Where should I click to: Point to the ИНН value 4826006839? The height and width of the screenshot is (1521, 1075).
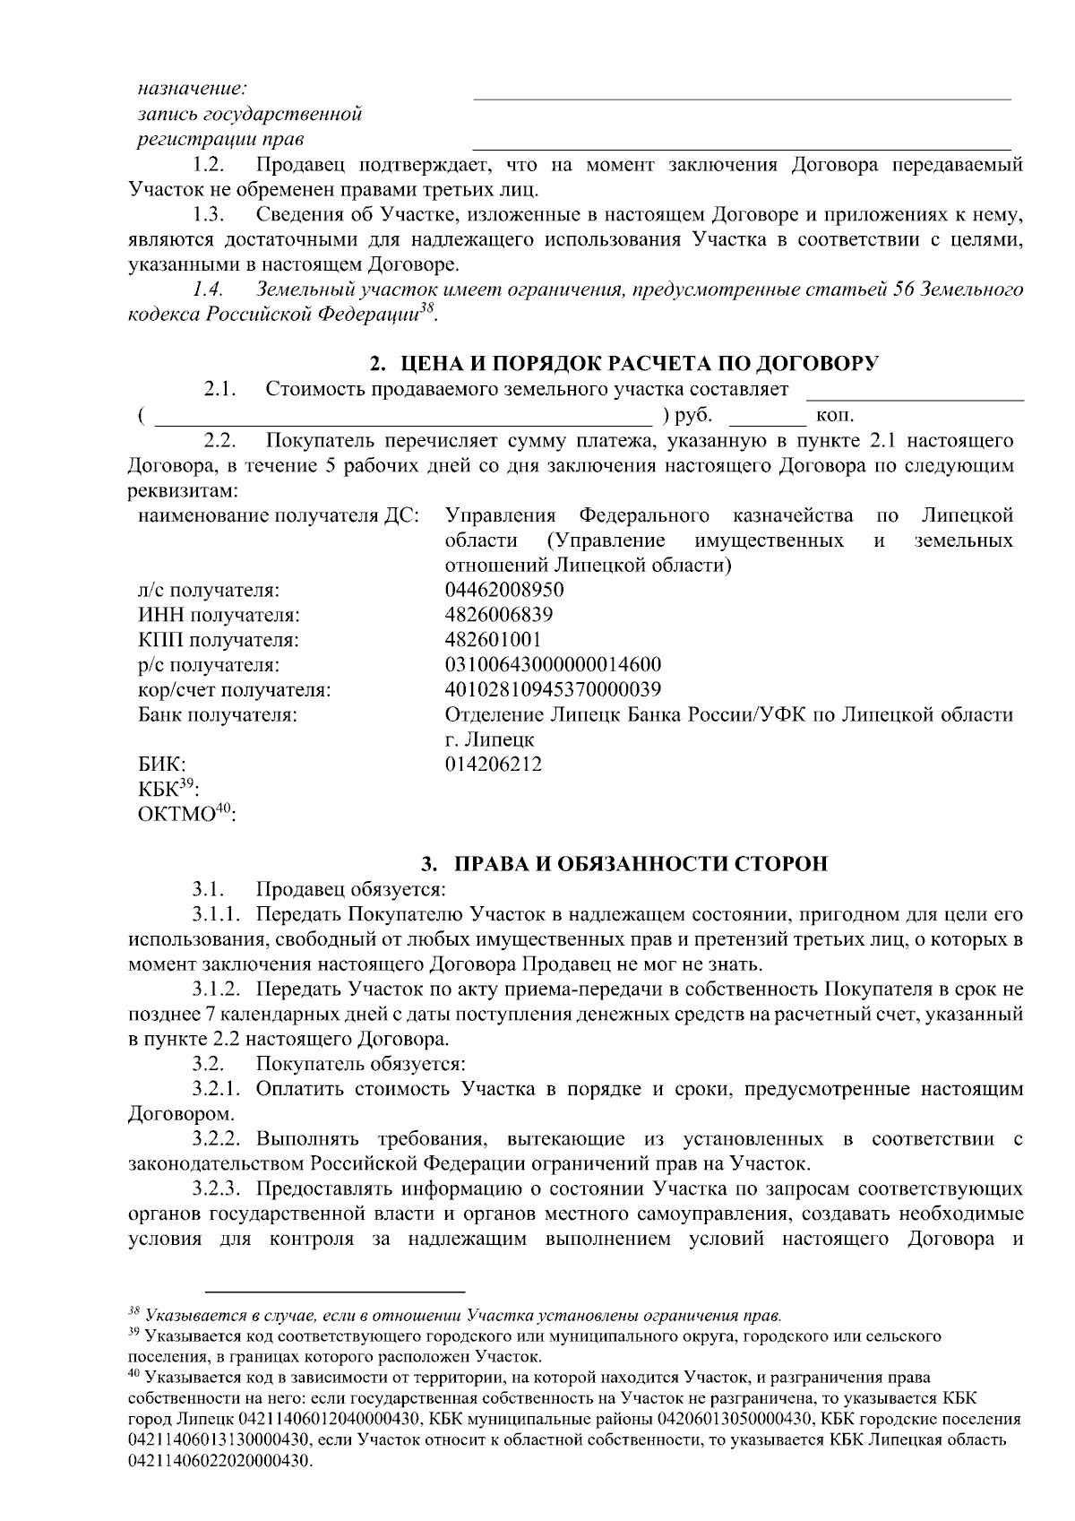coord(499,615)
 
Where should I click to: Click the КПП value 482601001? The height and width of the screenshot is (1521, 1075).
coord(493,640)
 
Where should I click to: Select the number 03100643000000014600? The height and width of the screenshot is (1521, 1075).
coord(553,665)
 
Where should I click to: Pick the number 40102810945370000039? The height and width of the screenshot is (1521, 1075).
coord(553,690)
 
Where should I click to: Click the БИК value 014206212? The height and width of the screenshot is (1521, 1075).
coord(493,765)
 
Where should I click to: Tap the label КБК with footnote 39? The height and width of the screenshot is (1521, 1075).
coord(168,789)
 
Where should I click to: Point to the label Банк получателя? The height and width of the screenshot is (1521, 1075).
coord(218,715)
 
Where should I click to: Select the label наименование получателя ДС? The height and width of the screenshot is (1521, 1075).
coord(278,516)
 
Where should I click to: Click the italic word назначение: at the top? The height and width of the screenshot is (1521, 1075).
coord(192,89)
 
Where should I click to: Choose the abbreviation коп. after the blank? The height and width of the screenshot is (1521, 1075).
coord(835,416)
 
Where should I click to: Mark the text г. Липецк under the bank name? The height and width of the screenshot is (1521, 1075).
coord(489,740)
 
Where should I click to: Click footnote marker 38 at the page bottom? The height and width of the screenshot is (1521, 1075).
coord(134,1314)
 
